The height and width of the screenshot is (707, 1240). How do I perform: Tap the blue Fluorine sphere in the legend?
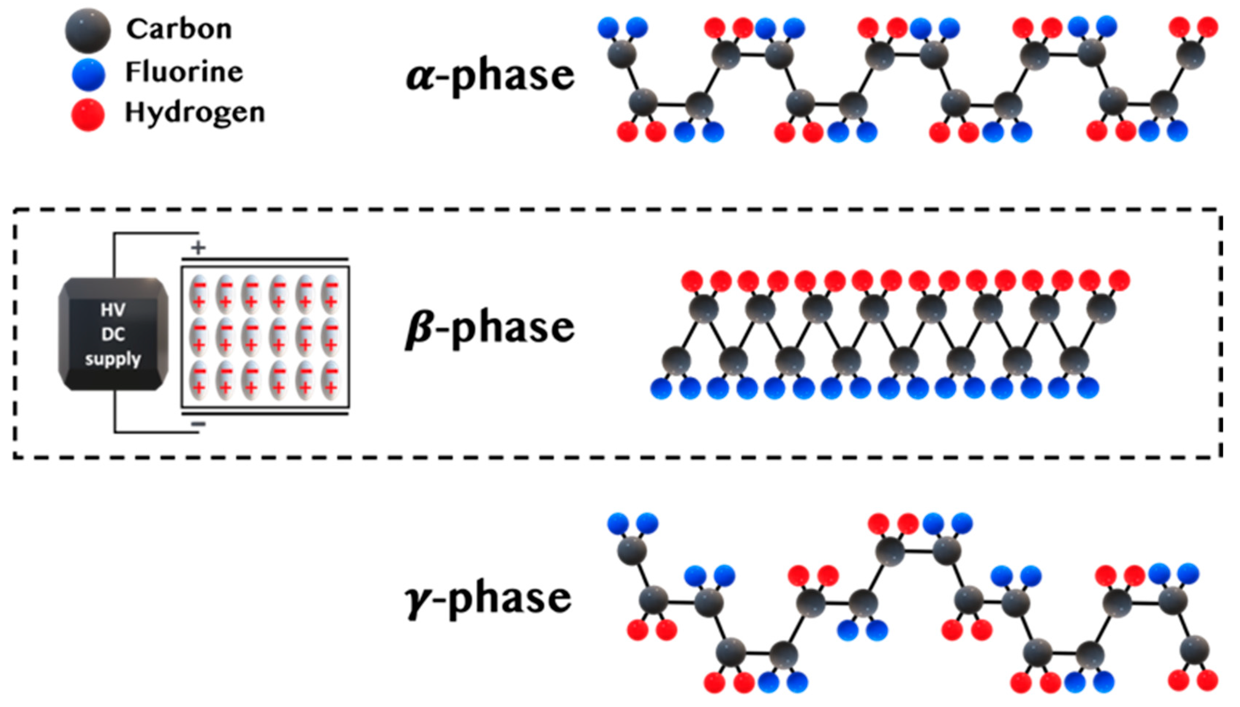88,74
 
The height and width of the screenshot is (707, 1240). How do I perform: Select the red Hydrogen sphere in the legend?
88,115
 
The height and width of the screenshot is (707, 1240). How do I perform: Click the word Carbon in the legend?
179,29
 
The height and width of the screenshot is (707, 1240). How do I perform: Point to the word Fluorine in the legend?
184,72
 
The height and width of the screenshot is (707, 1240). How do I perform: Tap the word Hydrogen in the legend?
195,113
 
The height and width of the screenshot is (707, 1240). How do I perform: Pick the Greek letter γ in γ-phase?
417,600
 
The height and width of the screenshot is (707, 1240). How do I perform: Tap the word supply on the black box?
113,359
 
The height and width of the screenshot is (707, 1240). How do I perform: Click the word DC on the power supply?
113,334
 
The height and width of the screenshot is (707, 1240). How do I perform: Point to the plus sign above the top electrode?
198,248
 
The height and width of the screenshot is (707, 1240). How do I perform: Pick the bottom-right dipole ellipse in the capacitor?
331,380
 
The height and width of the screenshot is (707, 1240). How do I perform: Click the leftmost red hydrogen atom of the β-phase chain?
692,281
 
